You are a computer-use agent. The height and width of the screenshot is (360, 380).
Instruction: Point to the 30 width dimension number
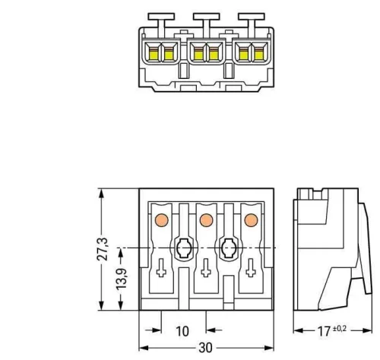point(204,350)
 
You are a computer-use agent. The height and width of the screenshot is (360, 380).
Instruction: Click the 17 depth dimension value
point(328,331)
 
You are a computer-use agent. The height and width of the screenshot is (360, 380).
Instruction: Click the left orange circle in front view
point(161,220)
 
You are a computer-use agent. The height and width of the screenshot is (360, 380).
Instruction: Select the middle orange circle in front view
point(204,220)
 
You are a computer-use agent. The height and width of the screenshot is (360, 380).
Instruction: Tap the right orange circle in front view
point(249,220)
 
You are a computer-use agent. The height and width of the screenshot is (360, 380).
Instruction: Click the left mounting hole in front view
point(183,248)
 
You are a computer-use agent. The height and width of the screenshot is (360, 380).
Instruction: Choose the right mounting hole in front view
point(226,248)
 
